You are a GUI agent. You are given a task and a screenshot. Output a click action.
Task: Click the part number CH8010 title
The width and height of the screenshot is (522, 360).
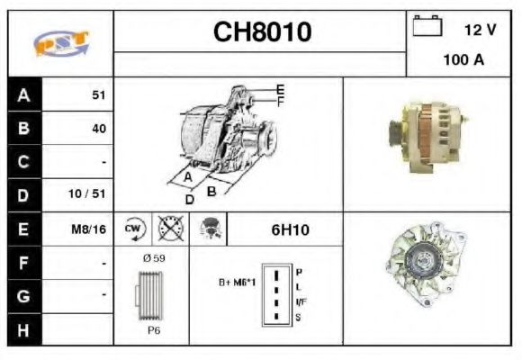[x=262, y=32]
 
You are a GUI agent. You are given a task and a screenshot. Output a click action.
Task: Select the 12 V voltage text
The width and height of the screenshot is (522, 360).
[x=479, y=30]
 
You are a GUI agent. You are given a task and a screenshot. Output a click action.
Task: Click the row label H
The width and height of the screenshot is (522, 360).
[x=23, y=329]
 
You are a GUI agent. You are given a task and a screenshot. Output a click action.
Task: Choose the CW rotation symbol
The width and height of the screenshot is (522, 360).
[x=133, y=229]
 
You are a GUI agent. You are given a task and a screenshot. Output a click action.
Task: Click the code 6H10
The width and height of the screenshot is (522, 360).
[x=290, y=229]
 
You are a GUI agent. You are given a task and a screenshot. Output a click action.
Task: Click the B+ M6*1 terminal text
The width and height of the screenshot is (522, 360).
[x=237, y=282]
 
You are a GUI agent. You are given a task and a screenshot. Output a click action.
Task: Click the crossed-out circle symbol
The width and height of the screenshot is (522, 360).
[x=170, y=229]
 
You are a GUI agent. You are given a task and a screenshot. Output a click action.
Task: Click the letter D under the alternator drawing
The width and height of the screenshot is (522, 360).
[x=190, y=200]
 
